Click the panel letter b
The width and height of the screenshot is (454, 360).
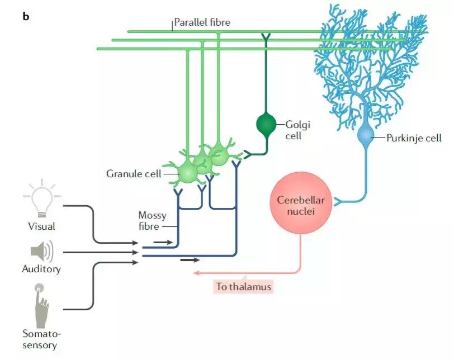click(26, 16)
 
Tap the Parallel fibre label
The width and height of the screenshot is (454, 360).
click(202, 22)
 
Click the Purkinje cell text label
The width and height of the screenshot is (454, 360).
click(414, 138)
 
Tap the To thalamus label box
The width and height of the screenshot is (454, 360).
click(243, 287)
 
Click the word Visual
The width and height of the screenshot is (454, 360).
click(41, 226)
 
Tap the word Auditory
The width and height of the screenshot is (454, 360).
click(41, 269)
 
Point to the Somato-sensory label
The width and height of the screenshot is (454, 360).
click(40, 339)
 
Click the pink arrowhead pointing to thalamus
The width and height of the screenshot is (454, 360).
click(196, 273)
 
